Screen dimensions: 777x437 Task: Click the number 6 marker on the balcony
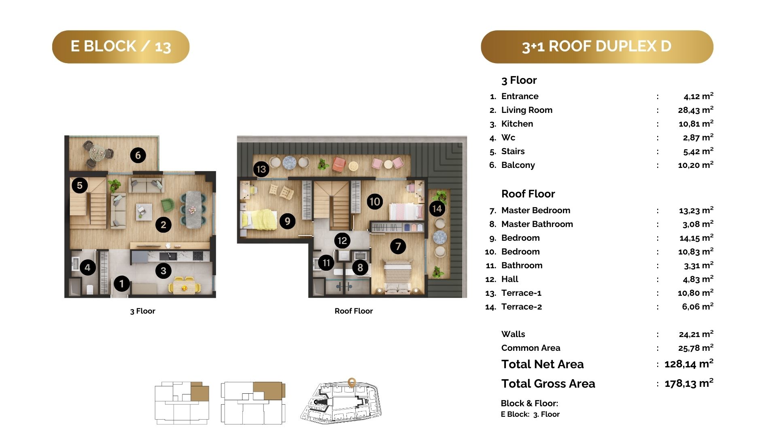pyautogui.click(x=138, y=155)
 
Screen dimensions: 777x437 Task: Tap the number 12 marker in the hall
pyautogui.click(x=342, y=241)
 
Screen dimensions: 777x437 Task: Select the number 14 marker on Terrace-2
pyautogui.click(x=437, y=209)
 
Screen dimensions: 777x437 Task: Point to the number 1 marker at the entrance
pyautogui.click(x=121, y=284)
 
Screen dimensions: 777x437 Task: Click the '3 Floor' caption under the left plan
pyautogui.click(x=142, y=311)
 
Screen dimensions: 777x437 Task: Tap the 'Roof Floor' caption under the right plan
pyautogui.click(x=354, y=311)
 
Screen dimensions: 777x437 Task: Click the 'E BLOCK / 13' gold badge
pyautogui.click(x=121, y=47)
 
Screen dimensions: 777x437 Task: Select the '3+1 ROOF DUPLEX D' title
pyautogui.click(x=597, y=47)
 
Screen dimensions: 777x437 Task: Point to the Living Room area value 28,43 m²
pyautogui.click(x=696, y=110)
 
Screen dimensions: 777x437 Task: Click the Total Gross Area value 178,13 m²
pyautogui.click(x=689, y=383)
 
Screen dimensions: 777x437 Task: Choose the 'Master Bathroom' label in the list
pyautogui.click(x=537, y=224)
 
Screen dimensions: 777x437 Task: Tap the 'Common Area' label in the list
pyautogui.click(x=531, y=348)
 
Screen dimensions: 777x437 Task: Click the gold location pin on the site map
pyautogui.click(x=352, y=383)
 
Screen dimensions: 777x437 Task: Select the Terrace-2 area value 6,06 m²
pyautogui.click(x=698, y=307)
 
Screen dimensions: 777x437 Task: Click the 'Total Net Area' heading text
pyautogui.click(x=542, y=364)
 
